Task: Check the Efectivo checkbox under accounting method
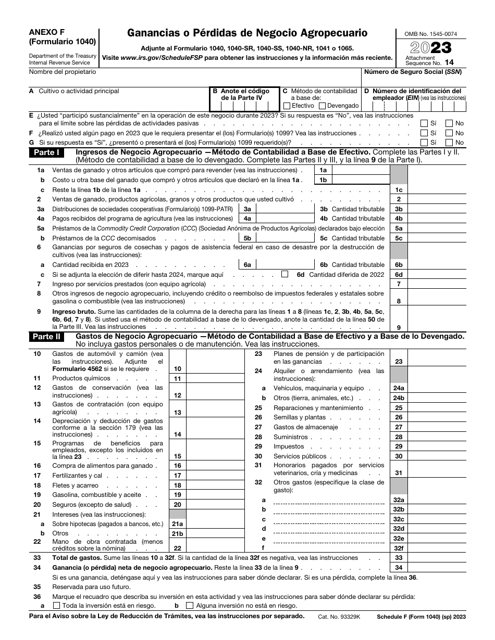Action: (x=288, y=106)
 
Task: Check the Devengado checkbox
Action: (x=322, y=106)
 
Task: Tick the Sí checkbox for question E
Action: (x=424, y=124)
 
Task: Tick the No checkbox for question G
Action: (x=449, y=143)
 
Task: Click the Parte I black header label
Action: (x=46, y=152)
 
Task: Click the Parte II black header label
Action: (x=46, y=337)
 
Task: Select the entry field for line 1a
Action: (x=360, y=170)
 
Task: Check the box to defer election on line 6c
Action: (x=284, y=274)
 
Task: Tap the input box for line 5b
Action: (x=283, y=238)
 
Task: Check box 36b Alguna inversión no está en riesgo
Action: (x=189, y=606)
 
